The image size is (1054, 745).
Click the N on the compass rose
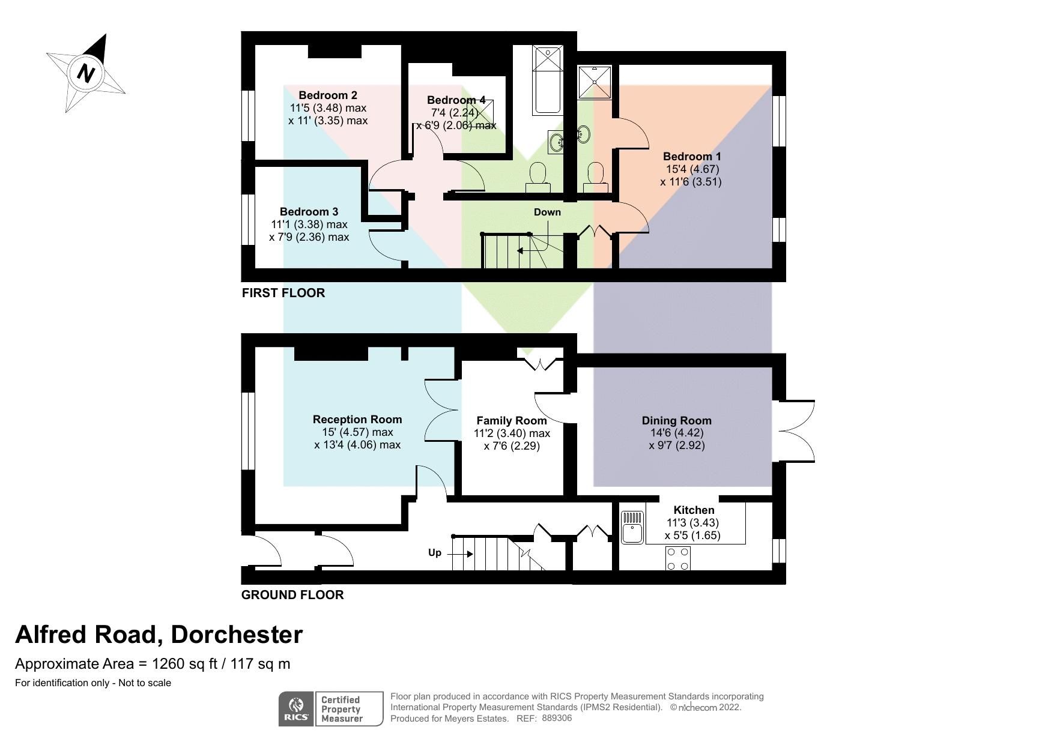click(87, 73)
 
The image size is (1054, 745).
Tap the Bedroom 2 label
click(328, 95)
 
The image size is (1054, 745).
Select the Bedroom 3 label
click(309, 211)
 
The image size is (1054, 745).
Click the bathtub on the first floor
click(548, 81)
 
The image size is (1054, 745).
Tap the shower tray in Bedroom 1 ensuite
click(595, 81)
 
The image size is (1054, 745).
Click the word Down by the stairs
click(547, 212)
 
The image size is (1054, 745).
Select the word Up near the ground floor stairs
click(435, 552)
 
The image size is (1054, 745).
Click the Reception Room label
click(357, 419)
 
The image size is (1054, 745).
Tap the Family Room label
click(512, 421)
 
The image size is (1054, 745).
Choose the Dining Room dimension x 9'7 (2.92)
click(677, 445)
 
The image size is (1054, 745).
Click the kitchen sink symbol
click(632, 526)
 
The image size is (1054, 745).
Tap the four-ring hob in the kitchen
click(677, 559)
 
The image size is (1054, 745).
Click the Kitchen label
click(694, 510)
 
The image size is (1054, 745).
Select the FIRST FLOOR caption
click(283, 293)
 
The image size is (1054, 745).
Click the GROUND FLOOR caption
click(292, 595)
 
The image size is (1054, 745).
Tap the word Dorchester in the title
click(237, 635)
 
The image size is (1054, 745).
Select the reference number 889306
click(557, 718)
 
